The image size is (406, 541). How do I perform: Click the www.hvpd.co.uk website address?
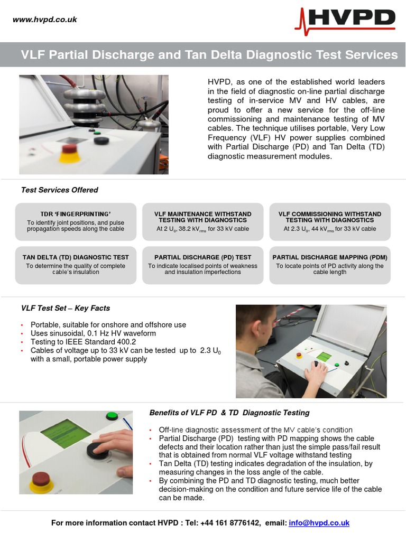point(45,20)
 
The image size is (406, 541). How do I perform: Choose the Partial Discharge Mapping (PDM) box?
point(330,265)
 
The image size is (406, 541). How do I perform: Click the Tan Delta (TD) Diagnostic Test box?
point(76,265)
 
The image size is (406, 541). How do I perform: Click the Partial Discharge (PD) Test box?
point(202,265)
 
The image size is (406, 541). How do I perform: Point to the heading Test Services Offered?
point(59,190)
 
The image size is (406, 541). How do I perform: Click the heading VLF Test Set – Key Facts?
point(65,308)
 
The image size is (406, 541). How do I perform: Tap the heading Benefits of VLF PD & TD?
point(229,413)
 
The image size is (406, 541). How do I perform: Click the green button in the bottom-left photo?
point(112,416)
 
